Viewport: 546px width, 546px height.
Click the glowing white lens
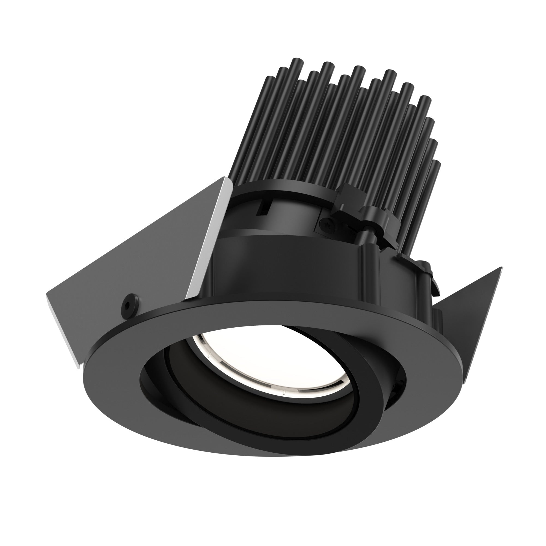pos(271,362)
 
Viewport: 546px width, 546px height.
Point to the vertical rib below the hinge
pos(370,271)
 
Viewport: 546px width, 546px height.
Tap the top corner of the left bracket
pos(225,178)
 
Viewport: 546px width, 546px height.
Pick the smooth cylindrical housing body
pos(283,268)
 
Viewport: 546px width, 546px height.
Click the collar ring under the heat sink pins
pos(283,189)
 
